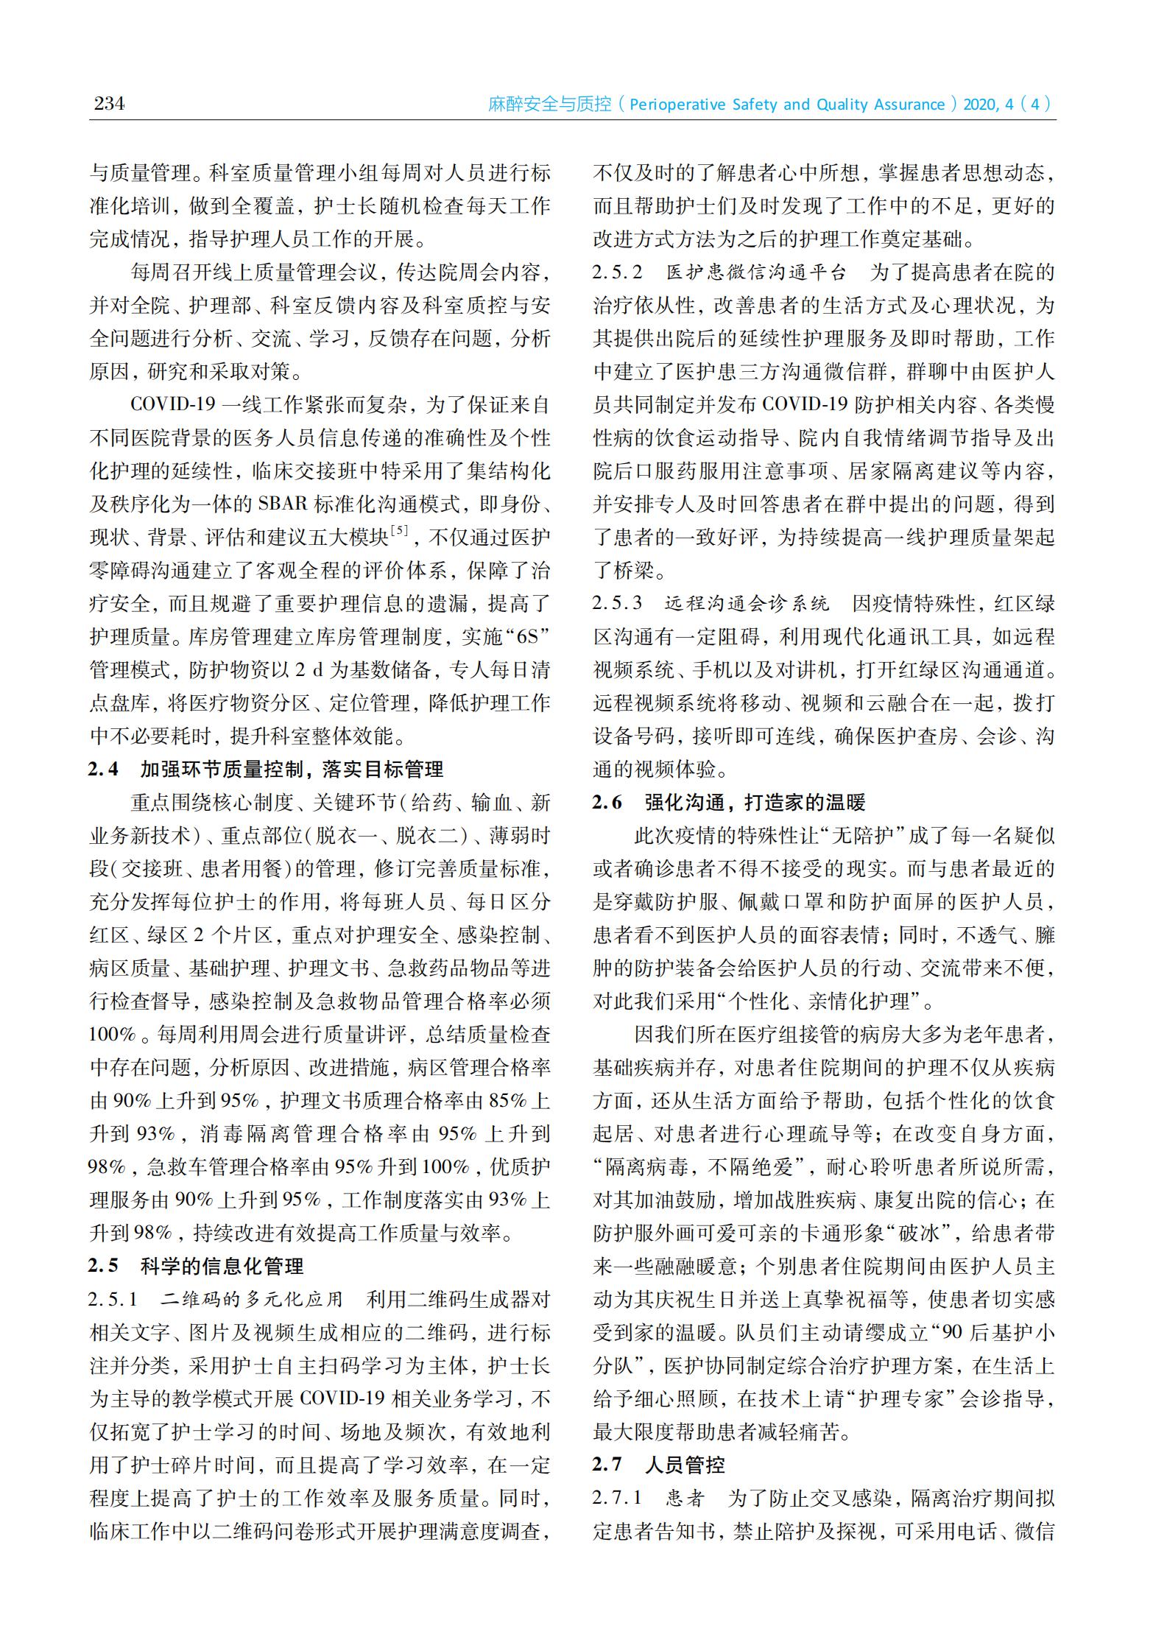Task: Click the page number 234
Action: (109, 103)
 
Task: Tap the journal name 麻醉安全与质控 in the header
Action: (550, 105)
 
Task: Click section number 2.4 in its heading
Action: (103, 770)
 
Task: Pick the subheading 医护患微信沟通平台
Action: (756, 272)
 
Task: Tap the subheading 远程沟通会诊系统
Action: (747, 604)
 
